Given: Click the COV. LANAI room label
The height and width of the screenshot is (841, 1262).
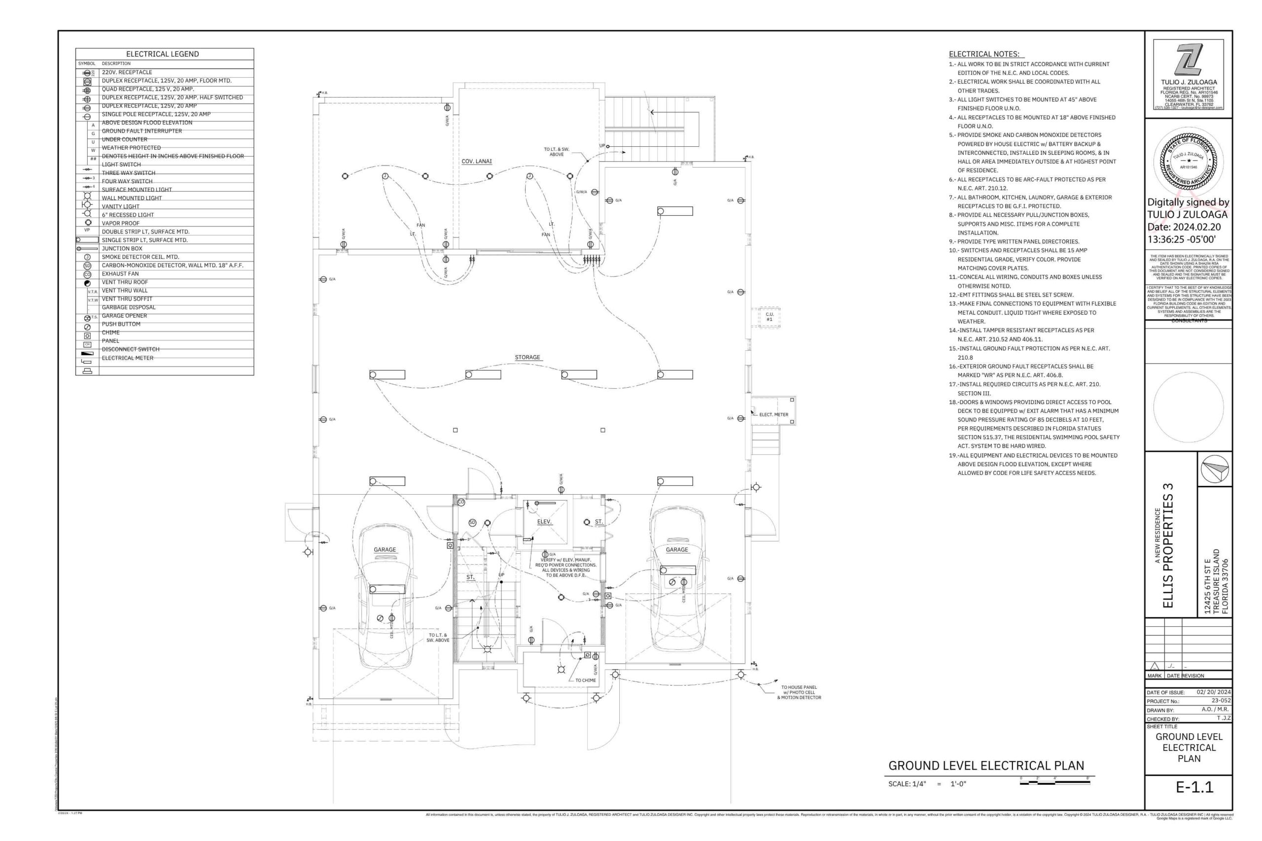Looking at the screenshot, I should click(x=477, y=162).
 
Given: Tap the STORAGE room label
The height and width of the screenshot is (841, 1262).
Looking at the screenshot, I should click(x=527, y=357).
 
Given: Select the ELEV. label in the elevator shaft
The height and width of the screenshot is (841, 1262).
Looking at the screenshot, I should click(x=544, y=522).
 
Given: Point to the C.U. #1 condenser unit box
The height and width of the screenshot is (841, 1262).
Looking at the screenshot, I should click(x=769, y=317).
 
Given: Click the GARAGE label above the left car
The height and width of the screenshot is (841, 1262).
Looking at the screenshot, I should click(x=385, y=550).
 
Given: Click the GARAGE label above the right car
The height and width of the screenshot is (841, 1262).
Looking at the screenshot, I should click(x=677, y=550).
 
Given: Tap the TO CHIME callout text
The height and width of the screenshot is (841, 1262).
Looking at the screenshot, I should click(x=585, y=680).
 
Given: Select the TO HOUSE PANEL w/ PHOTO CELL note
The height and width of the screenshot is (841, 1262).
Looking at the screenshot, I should click(x=799, y=692).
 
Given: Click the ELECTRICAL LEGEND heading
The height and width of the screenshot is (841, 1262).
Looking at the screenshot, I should click(x=163, y=54).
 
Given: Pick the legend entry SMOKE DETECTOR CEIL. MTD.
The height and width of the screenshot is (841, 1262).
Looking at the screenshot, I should click(x=140, y=257).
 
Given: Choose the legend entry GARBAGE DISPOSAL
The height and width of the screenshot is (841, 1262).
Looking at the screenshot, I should click(x=129, y=307).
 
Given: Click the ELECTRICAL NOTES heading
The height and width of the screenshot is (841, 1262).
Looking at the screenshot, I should click(x=984, y=54).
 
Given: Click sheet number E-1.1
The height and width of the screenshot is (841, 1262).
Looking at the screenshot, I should click(x=1194, y=787).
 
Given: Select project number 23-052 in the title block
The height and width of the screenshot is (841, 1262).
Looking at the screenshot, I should click(x=1221, y=701).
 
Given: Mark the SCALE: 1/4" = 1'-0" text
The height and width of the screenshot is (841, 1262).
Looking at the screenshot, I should click(x=927, y=784).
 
